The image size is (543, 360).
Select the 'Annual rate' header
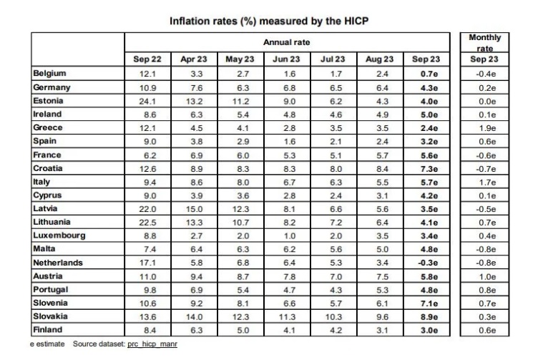point(286,43)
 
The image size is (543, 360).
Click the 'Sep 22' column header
point(147,59)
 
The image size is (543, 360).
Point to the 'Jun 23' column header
point(286,59)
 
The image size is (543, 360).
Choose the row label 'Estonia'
point(48,100)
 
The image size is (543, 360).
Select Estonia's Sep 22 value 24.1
point(147,100)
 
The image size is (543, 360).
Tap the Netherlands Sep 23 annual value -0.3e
point(426,263)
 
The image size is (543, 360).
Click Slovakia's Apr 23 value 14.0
point(194,316)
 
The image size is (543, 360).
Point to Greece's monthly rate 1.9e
point(484,127)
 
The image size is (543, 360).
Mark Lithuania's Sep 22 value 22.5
point(147,222)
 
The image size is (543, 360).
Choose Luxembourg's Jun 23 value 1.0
point(286,235)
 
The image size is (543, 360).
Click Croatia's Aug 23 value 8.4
point(379,168)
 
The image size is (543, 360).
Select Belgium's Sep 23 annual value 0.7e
point(426,73)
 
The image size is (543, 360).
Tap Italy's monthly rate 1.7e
point(484,182)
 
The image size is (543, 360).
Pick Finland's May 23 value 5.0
point(240,330)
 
